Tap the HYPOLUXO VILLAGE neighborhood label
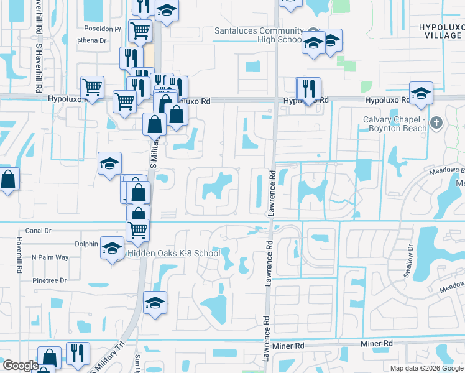coord(441,32)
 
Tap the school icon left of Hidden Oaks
coord(111,248)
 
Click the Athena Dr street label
coord(92,40)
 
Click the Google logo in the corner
coord(21,366)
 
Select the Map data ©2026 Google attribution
coord(426,368)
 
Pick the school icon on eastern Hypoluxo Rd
coord(421,93)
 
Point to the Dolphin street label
coord(86,244)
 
